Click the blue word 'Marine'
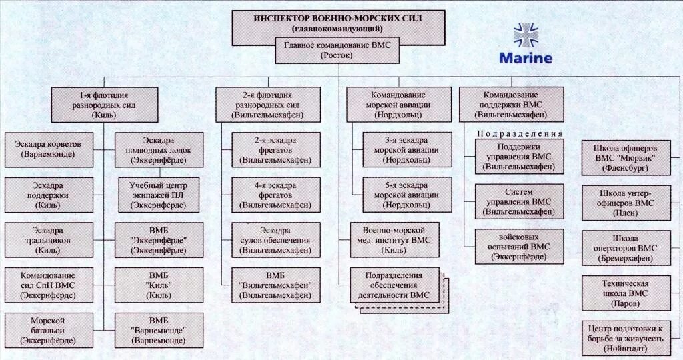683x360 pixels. tap(526, 58)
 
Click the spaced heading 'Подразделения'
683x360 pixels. tap(520, 133)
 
